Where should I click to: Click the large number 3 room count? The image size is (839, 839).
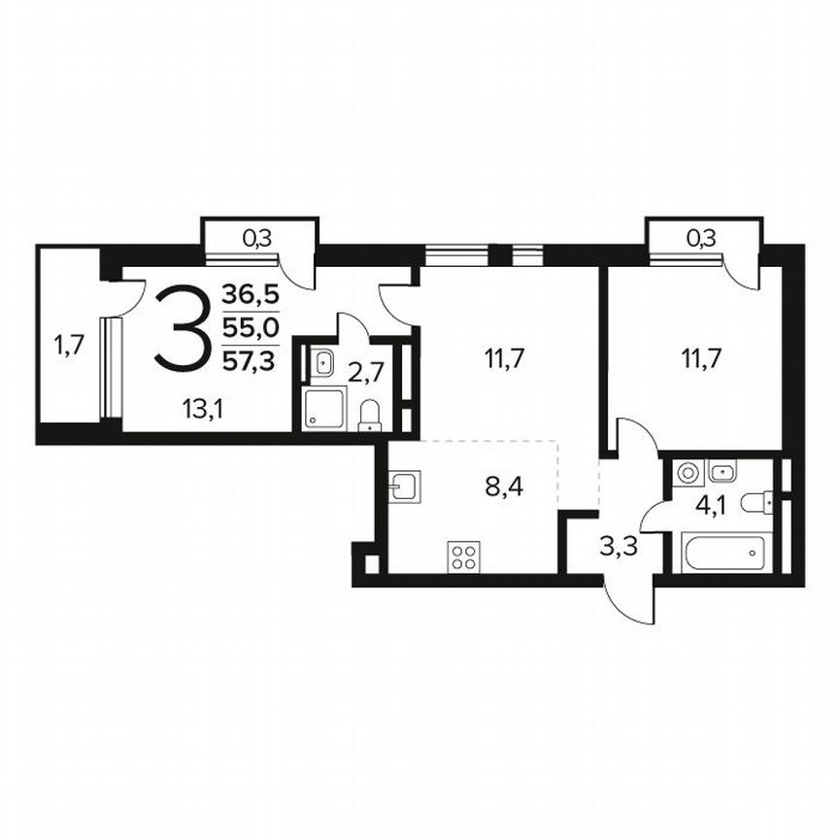183,326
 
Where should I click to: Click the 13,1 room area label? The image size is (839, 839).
202,410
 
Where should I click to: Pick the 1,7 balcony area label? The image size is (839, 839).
68,345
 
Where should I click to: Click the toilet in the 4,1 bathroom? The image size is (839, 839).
755,503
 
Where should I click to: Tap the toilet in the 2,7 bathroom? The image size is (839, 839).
370,415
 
